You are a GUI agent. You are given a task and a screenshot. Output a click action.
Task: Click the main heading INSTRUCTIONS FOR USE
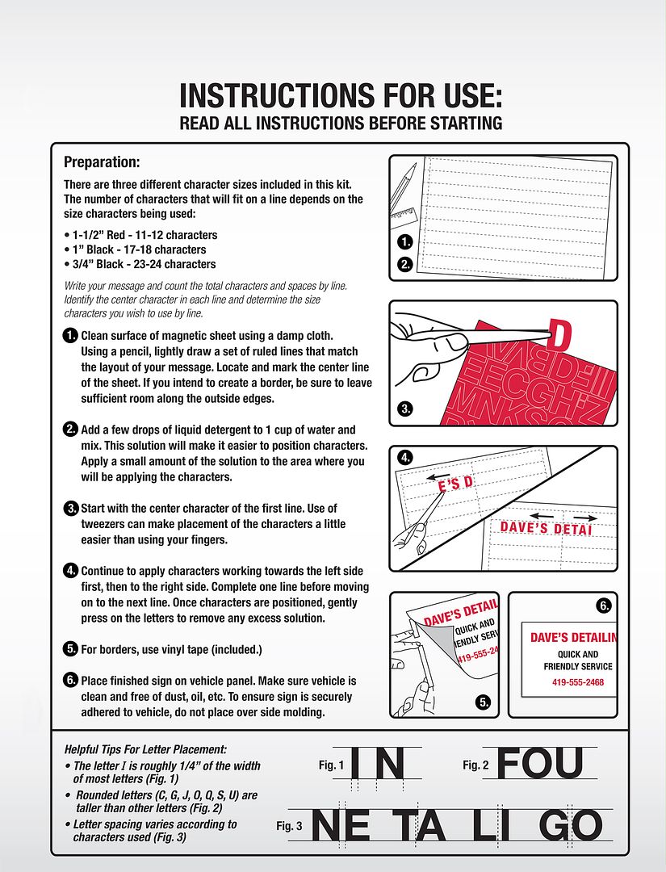(x=340, y=95)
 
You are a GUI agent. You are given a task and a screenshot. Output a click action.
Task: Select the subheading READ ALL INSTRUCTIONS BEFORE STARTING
(x=340, y=124)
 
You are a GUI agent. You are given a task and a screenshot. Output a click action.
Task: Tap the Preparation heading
(x=102, y=161)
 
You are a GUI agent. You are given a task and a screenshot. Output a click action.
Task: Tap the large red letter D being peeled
(x=558, y=335)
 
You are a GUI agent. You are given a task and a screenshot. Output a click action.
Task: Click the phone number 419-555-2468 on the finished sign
(x=577, y=682)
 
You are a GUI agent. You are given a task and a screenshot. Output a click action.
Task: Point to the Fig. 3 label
(x=289, y=826)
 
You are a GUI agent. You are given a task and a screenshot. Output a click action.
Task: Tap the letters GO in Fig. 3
(x=570, y=826)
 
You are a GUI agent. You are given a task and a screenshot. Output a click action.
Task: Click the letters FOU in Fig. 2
(x=539, y=763)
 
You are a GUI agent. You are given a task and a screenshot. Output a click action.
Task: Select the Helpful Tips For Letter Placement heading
(x=140, y=750)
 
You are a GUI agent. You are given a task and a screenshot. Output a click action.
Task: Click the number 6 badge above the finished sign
(x=603, y=605)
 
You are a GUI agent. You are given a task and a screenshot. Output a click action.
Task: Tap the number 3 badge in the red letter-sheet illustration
(x=406, y=409)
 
